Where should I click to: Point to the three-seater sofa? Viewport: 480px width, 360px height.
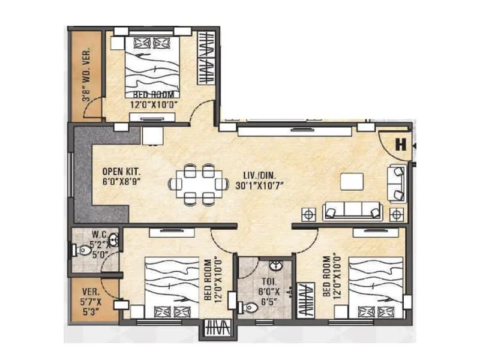[352, 211]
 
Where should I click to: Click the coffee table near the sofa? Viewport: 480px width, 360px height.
[351, 181]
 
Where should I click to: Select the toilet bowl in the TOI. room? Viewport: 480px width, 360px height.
[248, 308]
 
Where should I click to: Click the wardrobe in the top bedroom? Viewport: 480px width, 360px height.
[206, 59]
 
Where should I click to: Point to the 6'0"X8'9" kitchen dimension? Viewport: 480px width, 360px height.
[121, 182]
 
